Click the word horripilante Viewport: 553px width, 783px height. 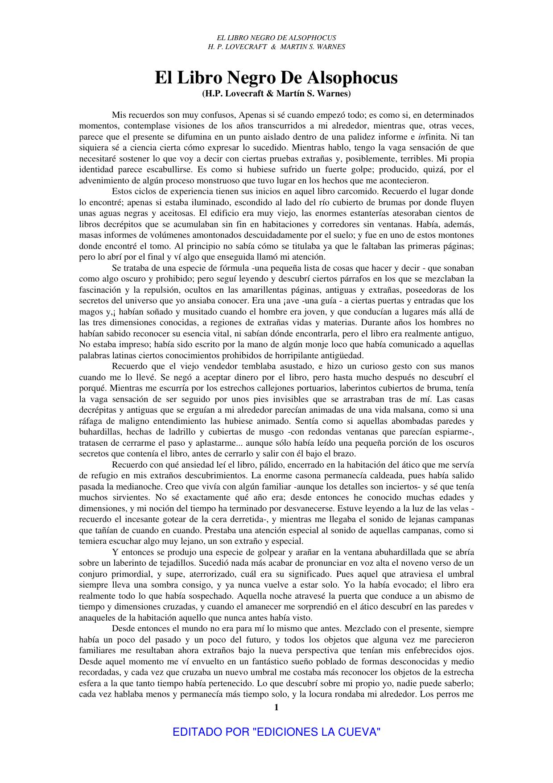click(297, 356)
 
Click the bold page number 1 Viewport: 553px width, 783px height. click(276, 707)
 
